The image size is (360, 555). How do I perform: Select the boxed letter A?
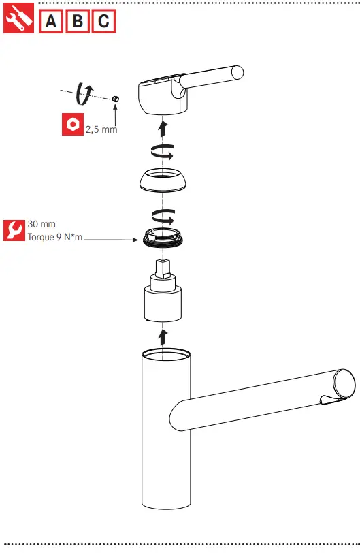coord(51,21)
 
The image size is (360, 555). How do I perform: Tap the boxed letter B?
coord(78,21)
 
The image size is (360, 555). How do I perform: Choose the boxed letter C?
coord(103,21)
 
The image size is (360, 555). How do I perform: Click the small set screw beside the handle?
coord(116,99)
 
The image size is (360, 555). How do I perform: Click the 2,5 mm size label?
coord(101,129)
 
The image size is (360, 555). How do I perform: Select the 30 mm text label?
coord(42,224)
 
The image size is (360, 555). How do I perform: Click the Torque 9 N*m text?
coord(54,238)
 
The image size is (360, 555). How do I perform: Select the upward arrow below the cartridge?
coord(162,336)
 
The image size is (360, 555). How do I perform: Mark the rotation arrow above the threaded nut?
coord(161,216)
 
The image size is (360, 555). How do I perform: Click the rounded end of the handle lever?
coord(238,72)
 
